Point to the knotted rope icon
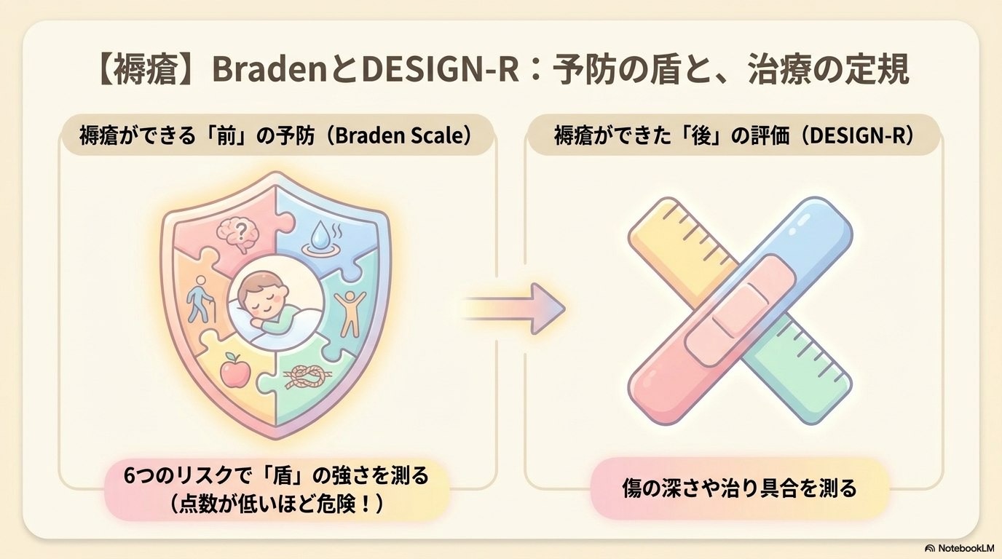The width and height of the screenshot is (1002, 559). [x=308, y=378]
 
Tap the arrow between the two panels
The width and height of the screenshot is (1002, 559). [x=512, y=309]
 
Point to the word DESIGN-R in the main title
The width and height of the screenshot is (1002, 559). [x=440, y=71]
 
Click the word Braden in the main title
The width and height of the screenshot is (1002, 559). [x=271, y=71]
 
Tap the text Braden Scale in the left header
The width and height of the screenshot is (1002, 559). [x=400, y=135]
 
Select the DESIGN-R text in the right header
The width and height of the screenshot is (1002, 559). [x=859, y=135]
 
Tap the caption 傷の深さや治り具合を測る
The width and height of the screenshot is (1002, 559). [x=739, y=489]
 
